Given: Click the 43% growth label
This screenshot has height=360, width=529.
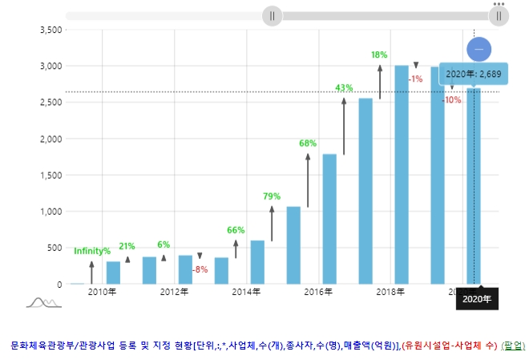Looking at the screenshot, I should pyautogui.click(x=344, y=87).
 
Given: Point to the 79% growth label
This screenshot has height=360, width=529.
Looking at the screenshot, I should pyautogui.click(x=272, y=196).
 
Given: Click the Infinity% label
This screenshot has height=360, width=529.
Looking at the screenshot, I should pyautogui.click(x=92, y=251).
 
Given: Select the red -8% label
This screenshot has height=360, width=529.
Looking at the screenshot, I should pyautogui.click(x=200, y=269).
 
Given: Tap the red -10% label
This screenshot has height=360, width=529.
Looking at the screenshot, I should pyautogui.click(x=452, y=100).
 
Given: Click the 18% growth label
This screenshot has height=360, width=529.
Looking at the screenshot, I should pyautogui.click(x=379, y=55).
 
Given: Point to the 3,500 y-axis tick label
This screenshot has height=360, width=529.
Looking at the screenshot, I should pyautogui.click(x=50, y=30).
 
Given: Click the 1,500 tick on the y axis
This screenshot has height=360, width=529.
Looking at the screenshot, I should pyautogui.click(x=50, y=175).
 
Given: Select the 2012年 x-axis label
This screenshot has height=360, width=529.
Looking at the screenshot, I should pyautogui.click(x=174, y=292).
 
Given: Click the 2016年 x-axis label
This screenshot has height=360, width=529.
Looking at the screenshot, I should pyautogui.click(x=318, y=292).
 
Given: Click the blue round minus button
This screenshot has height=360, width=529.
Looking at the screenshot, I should pyautogui.click(x=479, y=49).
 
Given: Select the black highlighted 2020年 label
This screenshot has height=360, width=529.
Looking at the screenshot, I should pyautogui.click(x=477, y=299).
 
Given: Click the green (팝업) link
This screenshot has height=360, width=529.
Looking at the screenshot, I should pyautogui.click(x=513, y=346).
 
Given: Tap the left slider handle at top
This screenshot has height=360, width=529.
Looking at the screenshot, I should pyautogui.click(x=273, y=15).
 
